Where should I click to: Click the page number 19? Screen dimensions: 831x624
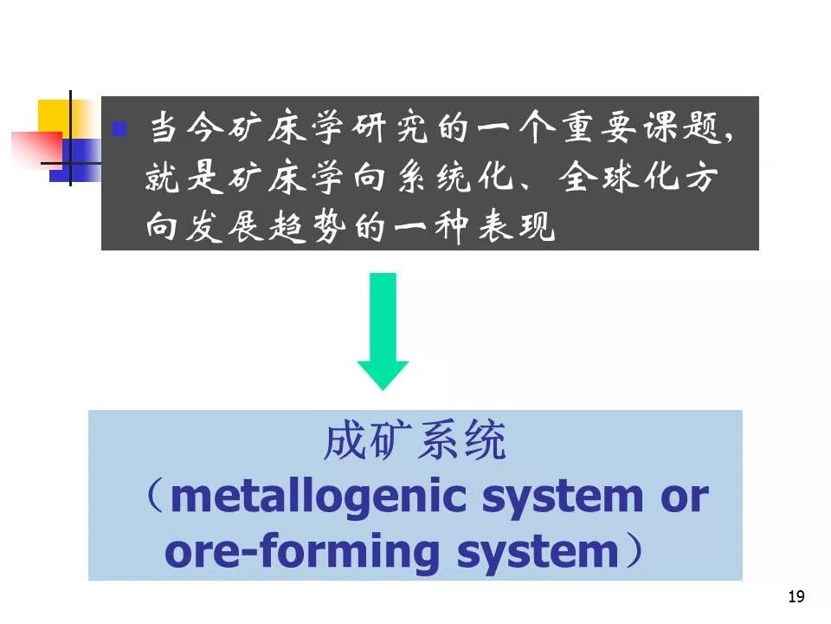click(796, 596)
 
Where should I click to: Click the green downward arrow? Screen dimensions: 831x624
click(383, 332)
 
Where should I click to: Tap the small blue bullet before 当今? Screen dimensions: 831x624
click(119, 129)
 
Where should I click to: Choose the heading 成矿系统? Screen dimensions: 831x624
click(415, 440)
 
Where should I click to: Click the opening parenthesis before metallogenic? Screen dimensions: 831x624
click(155, 496)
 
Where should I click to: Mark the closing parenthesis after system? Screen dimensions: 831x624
click(635, 550)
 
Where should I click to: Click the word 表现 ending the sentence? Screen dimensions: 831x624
click(517, 226)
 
